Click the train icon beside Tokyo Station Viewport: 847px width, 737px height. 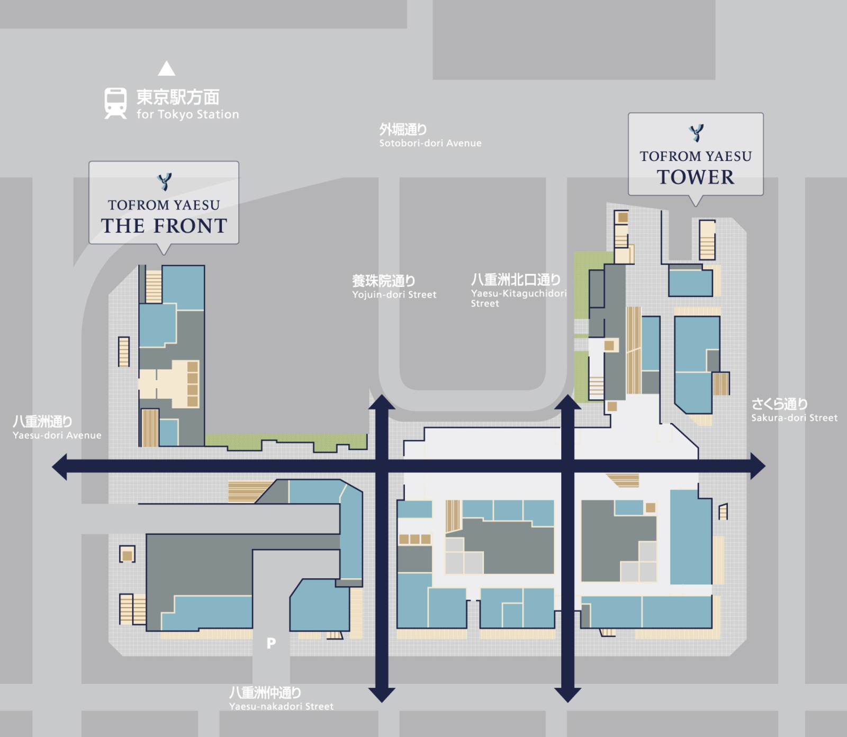coord(115,103)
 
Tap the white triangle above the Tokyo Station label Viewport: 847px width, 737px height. coord(167,68)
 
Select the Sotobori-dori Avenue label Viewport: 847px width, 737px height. coord(430,136)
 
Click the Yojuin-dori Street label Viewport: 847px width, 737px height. coord(394,287)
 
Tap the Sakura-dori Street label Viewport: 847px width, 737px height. coord(794,410)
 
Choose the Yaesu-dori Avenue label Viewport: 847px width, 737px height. coord(57,428)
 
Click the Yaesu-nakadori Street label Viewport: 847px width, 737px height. coord(281,699)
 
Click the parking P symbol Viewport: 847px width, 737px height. coord(271,643)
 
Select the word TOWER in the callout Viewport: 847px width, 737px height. coord(696,177)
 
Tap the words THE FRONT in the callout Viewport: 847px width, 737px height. coord(164,226)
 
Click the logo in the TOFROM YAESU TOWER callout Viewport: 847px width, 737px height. coord(696,133)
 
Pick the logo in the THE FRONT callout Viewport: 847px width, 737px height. coord(165,182)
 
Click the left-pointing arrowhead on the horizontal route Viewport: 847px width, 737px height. coord(60,466)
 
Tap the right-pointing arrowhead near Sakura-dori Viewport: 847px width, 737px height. coord(758,466)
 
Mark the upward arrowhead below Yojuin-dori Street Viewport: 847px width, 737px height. coord(382,402)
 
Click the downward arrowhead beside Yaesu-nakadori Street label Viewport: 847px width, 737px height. coord(382,695)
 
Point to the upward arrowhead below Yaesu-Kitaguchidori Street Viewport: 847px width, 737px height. coord(568,402)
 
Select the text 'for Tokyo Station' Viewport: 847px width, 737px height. coord(187,114)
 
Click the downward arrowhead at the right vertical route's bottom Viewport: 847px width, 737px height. coord(568,695)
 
